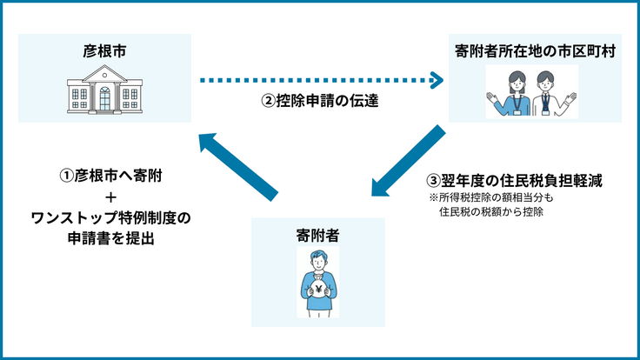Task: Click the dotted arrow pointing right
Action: pos(321,82)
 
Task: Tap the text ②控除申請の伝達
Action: pos(321,101)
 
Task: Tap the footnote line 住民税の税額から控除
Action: pos(492,211)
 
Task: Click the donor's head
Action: pos(318,259)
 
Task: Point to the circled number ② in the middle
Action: pos(269,101)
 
